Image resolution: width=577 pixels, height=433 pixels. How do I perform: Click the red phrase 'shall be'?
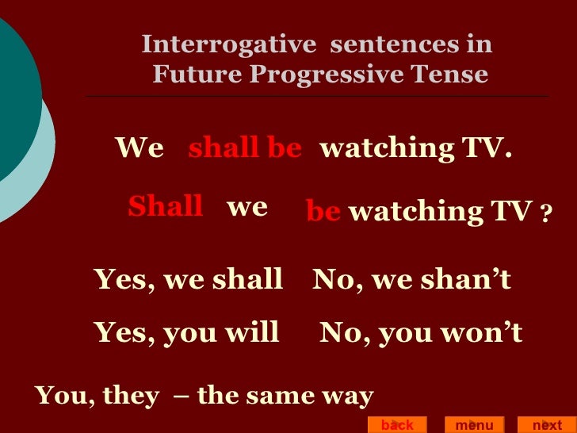click(x=245, y=148)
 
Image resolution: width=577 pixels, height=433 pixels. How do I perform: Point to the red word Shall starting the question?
click(x=165, y=207)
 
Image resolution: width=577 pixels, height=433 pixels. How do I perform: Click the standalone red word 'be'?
click(x=323, y=211)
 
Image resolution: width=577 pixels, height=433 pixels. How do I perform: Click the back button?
click(x=397, y=425)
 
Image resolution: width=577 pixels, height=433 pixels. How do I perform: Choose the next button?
click(x=547, y=425)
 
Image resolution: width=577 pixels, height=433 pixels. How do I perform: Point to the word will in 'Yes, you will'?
click(x=254, y=333)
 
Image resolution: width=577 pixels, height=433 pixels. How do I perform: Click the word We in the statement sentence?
click(x=139, y=148)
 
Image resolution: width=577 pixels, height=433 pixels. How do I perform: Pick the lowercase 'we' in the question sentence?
click(x=246, y=208)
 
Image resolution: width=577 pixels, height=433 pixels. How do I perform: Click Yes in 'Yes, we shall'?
click(x=120, y=279)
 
